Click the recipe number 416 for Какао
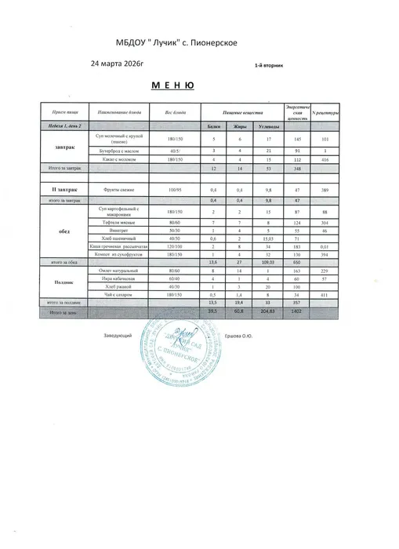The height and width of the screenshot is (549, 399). [x=324, y=158]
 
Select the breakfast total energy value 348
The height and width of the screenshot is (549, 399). [x=297, y=169]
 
